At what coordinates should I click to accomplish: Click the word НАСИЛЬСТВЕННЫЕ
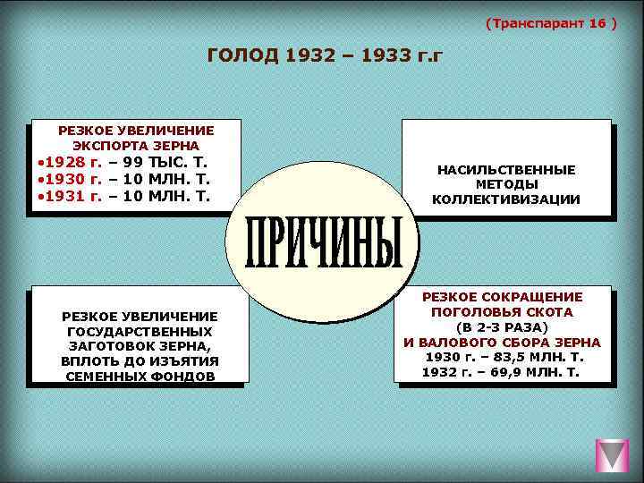click(x=506, y=169)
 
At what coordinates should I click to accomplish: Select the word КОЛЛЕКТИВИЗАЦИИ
click(x=506, y=199)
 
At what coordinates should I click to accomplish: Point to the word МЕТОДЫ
click(x=506, y=184)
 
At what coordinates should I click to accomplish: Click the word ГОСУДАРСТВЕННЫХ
click(x=139, y=331)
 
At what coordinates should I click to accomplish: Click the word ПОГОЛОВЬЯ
click(x=473, y=312)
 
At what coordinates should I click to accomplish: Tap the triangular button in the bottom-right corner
click(x=613, y=455)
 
